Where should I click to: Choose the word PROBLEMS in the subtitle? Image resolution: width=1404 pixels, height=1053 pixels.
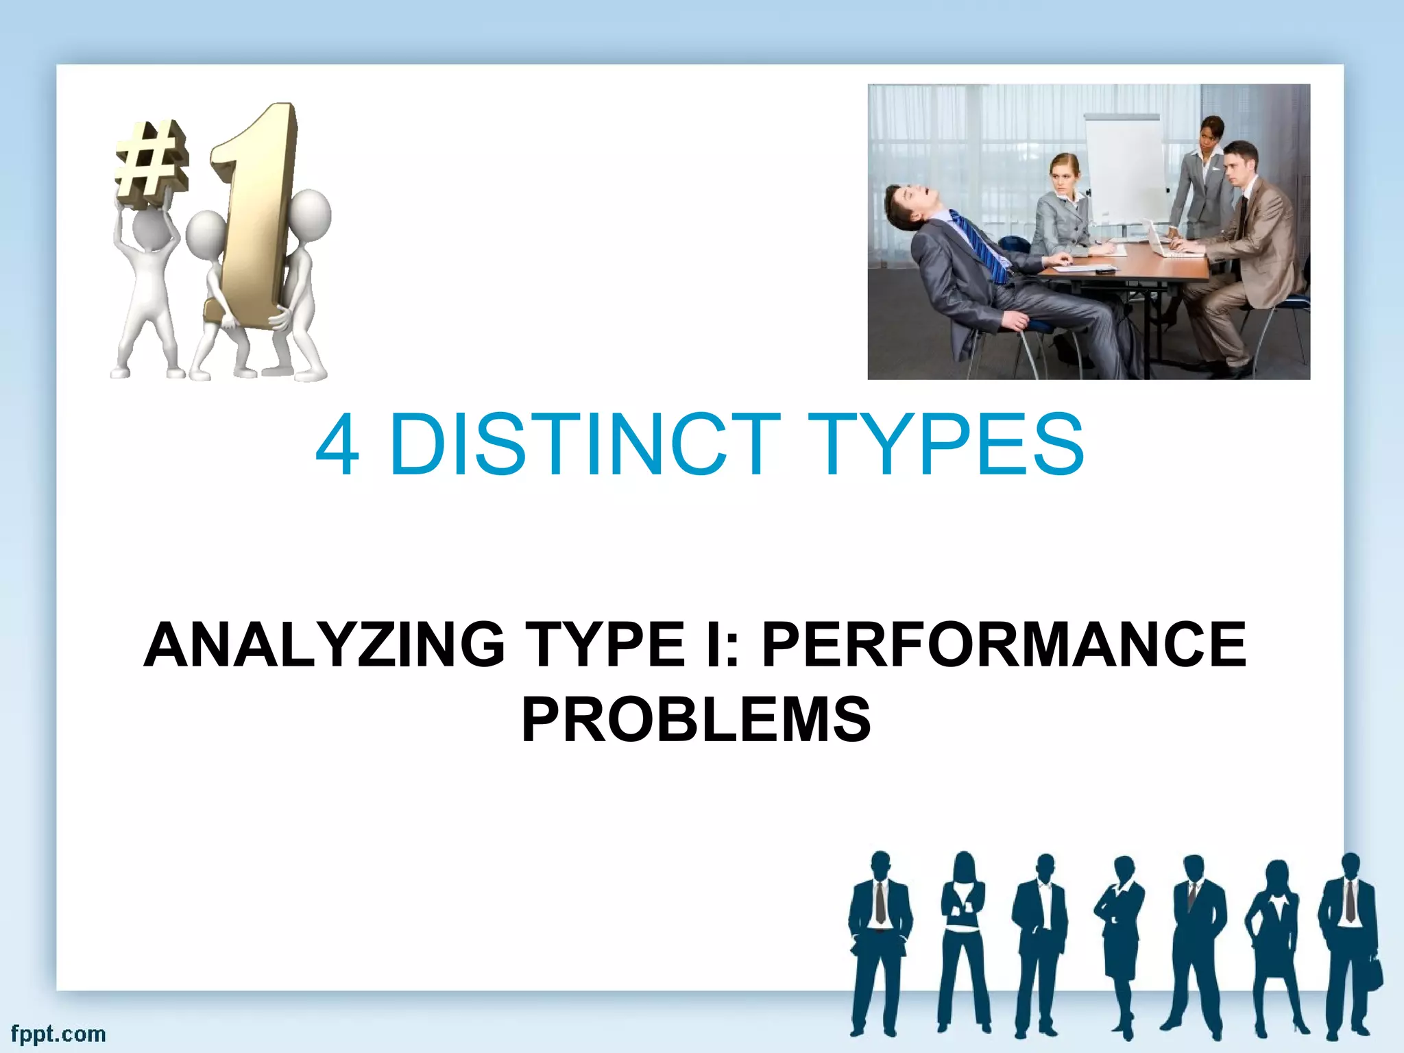(696, 720)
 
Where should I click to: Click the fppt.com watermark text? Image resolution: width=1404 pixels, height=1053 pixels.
(58, 1034)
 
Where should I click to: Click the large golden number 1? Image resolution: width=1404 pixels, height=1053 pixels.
(255, 206)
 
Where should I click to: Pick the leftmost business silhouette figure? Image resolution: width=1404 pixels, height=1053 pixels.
(880, 939)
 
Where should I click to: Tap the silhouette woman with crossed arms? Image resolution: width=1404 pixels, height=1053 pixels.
(963, 939)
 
